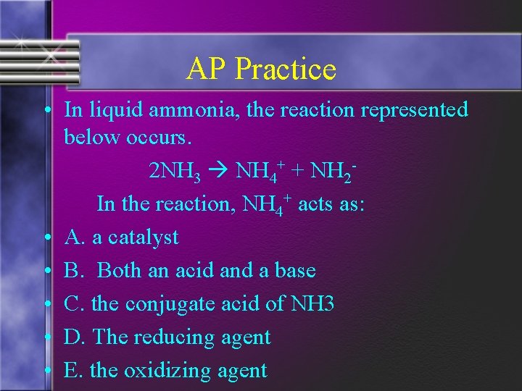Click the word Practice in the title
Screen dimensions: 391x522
click(286, 70)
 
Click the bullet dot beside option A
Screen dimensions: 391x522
click(46, 237)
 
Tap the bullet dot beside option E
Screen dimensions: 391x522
click(46, 371)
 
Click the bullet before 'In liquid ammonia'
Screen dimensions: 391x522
click(46, 111)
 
